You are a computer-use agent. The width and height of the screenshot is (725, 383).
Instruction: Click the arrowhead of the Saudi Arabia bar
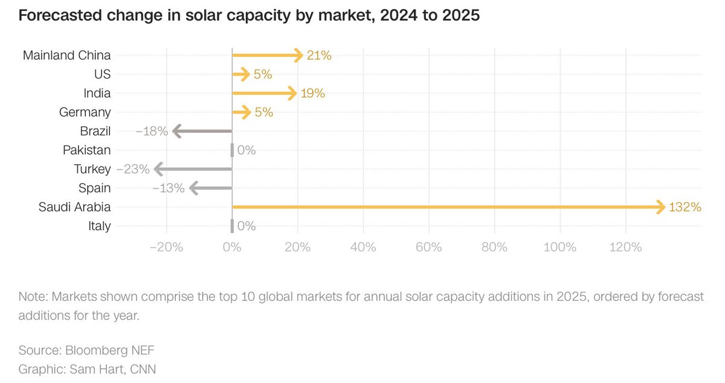tap(660, 207)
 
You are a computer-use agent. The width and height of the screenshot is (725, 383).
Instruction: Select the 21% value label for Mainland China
tap(318, 56)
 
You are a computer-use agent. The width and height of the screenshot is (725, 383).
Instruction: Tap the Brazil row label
tap(95, 131)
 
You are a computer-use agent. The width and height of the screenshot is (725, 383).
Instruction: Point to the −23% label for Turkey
tap(132, 169)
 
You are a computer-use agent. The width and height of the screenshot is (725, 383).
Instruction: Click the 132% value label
tap(685, 207)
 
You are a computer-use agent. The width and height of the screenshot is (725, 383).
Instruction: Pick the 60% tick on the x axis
tap(428, 247)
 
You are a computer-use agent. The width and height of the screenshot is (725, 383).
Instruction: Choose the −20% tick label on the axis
tap(165, 247)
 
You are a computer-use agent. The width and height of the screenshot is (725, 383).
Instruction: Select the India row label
tap(97, 94)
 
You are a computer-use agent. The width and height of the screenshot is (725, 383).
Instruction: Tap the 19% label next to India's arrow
tap(312, 94)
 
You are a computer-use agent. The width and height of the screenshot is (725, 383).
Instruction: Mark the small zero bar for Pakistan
tap(232, 150)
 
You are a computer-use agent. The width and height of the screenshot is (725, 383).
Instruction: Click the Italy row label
tap(99, 226)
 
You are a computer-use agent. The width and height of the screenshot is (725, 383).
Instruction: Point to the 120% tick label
tap(625, 247)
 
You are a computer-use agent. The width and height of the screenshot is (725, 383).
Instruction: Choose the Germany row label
tap(85, 112)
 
